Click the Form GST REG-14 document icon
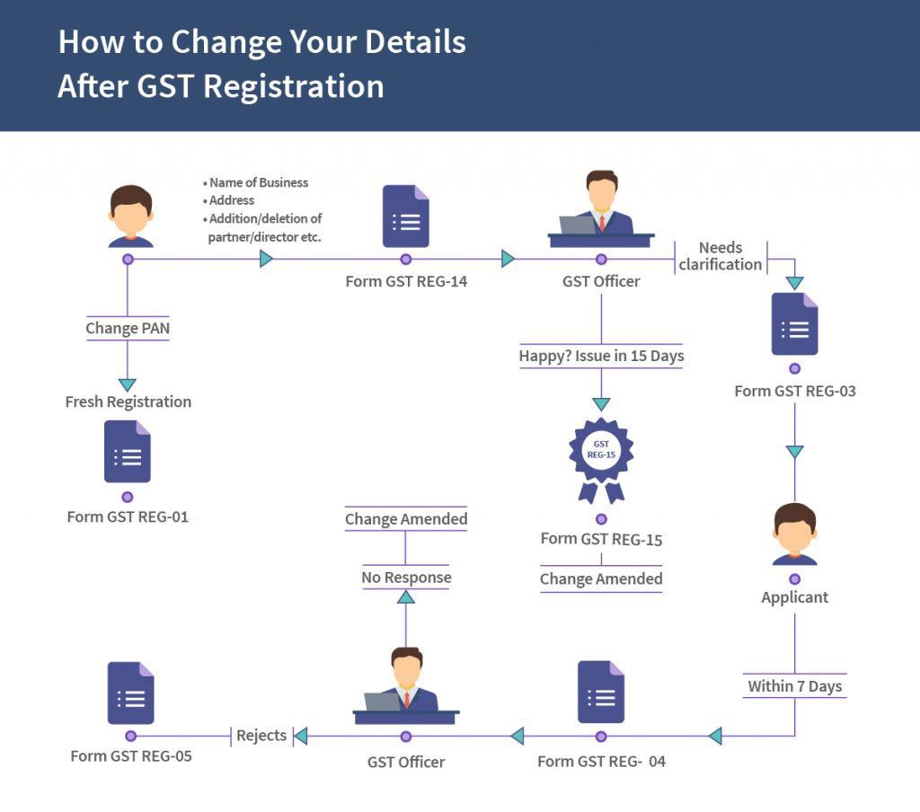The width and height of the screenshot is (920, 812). click(405, 216)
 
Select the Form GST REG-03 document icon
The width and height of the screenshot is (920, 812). click(794, 324)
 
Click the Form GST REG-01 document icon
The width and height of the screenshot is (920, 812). click(128, 452)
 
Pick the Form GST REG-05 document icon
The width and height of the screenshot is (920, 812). click(131, 693)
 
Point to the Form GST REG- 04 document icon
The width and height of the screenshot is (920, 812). click(601, 693)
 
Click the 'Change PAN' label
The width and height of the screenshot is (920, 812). click(128, 329)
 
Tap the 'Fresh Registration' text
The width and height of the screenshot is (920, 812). click(128, 402)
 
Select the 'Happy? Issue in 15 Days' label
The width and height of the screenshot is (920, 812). click(601, 356)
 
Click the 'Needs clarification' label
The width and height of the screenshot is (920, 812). click(721, 256)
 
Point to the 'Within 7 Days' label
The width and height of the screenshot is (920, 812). click(794, 686)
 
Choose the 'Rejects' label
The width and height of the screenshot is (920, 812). click(261, 736)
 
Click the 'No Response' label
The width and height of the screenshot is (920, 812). click(406, 578)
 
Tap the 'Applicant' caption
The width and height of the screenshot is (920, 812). click(794, 597)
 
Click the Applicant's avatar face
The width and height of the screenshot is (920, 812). click(794, 532)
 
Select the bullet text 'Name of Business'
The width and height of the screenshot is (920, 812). click(259, 182)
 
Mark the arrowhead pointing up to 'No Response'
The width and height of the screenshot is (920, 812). click(406, 598)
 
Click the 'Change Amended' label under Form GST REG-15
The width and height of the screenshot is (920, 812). click(601, 579)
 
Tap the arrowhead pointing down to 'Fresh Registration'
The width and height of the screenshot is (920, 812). click(128, 384)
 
